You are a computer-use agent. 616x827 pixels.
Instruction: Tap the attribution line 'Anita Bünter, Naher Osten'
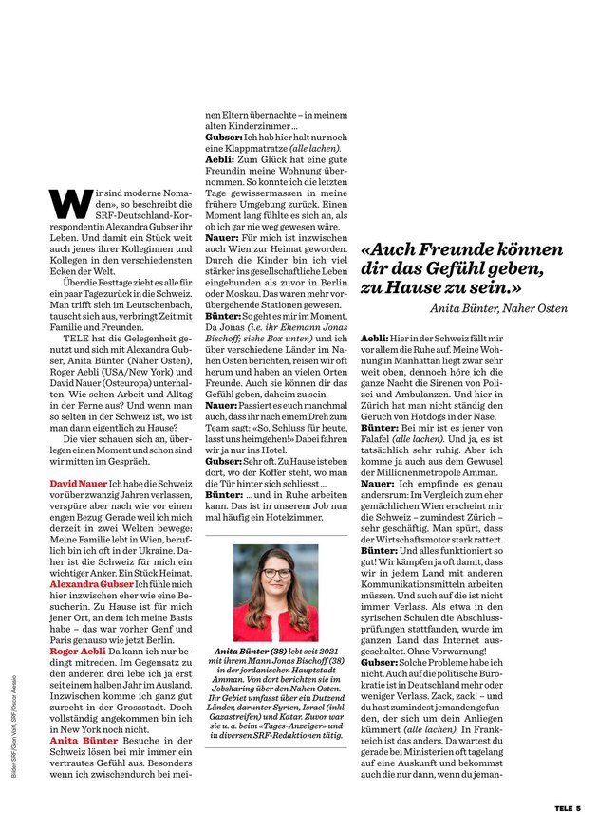[x=498, y=308]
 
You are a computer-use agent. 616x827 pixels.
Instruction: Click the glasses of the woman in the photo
[x=275, y=573]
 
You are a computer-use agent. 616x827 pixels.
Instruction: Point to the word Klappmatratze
[x=247, y=150]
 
